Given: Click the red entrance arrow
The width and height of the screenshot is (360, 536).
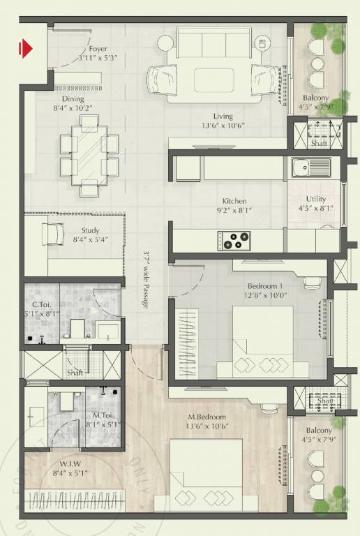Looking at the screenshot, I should click(27, 48).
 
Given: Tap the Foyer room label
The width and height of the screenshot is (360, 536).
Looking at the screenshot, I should click(98, 49).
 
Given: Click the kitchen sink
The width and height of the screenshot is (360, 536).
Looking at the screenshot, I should click(311, 168).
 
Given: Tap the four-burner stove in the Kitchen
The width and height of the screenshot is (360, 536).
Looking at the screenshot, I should click(234, 239).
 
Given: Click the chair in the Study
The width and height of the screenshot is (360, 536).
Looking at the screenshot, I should click(53, 232).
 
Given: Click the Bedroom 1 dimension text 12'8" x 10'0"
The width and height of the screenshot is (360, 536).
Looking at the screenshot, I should click(265, 295).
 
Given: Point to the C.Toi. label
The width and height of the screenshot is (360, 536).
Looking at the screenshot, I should click(43, 304).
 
